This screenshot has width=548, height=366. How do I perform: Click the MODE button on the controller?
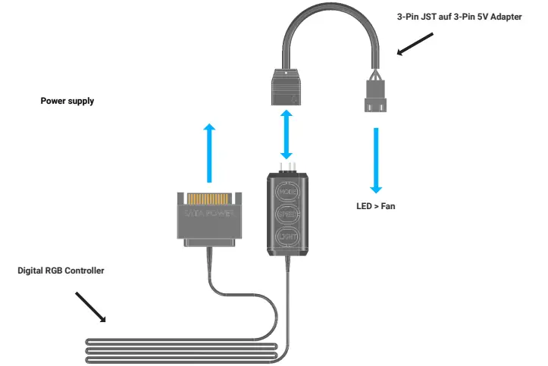(x=287, y=192)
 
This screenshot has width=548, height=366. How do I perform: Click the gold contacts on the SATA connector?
(x=209, y=196)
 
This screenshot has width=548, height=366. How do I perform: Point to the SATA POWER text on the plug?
(x=209, y=214)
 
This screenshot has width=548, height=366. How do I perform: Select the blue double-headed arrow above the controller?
(x=287, y=134)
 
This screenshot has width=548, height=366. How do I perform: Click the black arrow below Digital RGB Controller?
(x=91, y=307)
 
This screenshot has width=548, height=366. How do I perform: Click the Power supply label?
(x=67, y=101)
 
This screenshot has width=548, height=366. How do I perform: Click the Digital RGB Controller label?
(x=61, y=271)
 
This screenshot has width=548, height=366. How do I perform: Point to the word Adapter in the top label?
(x=506, y=17)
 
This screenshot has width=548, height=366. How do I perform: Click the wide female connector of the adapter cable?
(x=287, y=86)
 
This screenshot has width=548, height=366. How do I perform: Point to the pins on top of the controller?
(x=287, y=166)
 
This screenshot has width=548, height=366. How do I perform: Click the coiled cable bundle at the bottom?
(x=182, y=350)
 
